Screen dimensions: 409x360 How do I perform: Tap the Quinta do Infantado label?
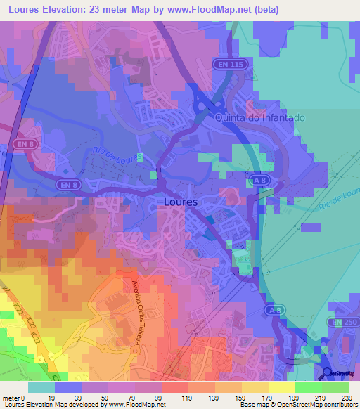click(259, 118)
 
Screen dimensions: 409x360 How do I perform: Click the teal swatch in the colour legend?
click(41, 387)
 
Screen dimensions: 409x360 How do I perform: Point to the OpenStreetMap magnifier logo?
click(327, 373)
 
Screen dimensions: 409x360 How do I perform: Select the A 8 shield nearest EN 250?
click(274, 309)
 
